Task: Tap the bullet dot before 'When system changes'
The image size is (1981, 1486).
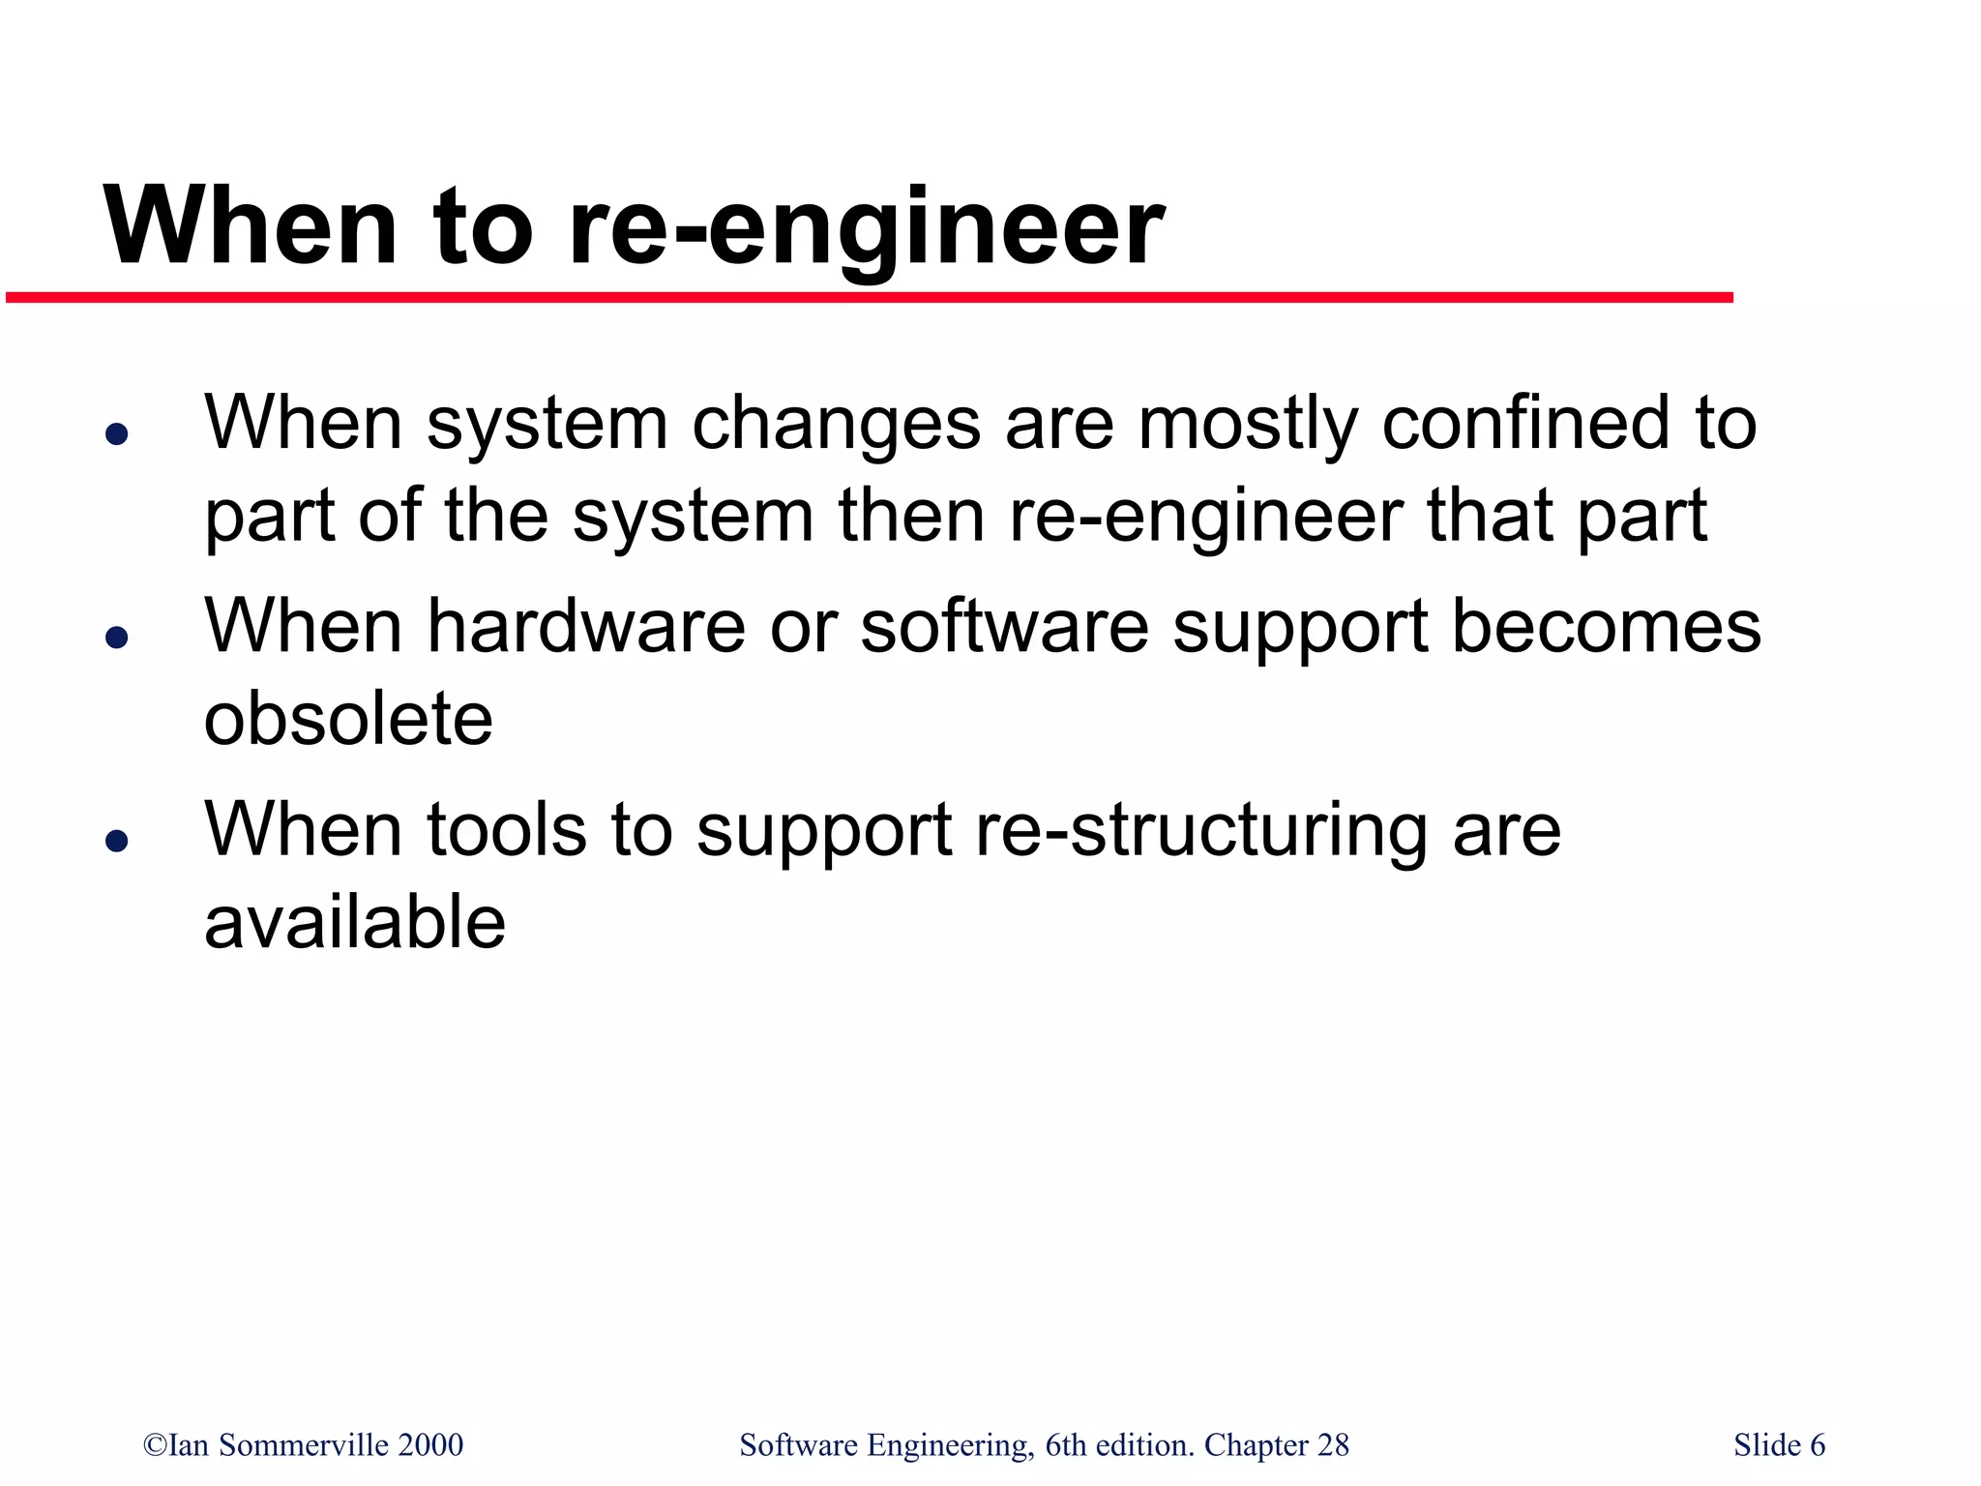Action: click(117, 434)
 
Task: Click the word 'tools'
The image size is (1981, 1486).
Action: click(506, 829)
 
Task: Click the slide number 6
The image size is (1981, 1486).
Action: click(1818, 1444)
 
